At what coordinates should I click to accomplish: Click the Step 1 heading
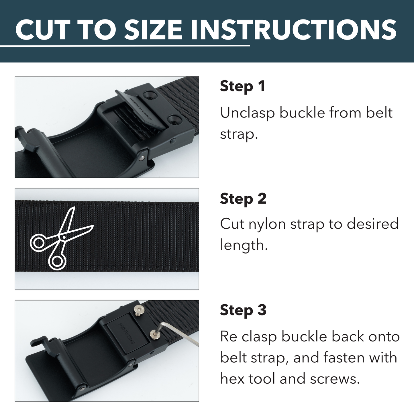242,86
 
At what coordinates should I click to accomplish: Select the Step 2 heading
243,199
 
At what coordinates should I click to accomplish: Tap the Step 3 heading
243,310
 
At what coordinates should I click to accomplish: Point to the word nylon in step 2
267,224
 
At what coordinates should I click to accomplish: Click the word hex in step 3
232,379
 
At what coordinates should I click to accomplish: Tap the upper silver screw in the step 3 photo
139,310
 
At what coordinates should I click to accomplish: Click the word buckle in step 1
302,113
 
